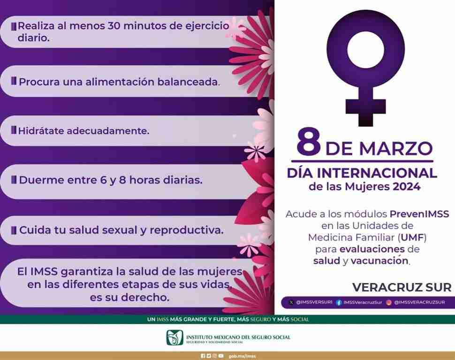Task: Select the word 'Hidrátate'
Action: click(41, 131)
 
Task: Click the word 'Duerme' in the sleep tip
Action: click(40, 180)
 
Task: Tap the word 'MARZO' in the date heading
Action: click(396, 149)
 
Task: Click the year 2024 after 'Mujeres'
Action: click(406, 186)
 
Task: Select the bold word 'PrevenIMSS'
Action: click(419, 214)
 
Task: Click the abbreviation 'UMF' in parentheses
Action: click(412, 237)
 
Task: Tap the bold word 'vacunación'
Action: click(379, 260)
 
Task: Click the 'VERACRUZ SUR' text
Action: click(402, 287)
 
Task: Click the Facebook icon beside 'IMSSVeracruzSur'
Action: click(339, 303)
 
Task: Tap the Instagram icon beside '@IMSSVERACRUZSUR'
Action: click(389, 303)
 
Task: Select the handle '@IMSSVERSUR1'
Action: click(314, 302)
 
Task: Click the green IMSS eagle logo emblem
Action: click(174, 337)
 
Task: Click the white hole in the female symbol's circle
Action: click(365, 50)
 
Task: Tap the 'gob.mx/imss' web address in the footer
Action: click(243, 356)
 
